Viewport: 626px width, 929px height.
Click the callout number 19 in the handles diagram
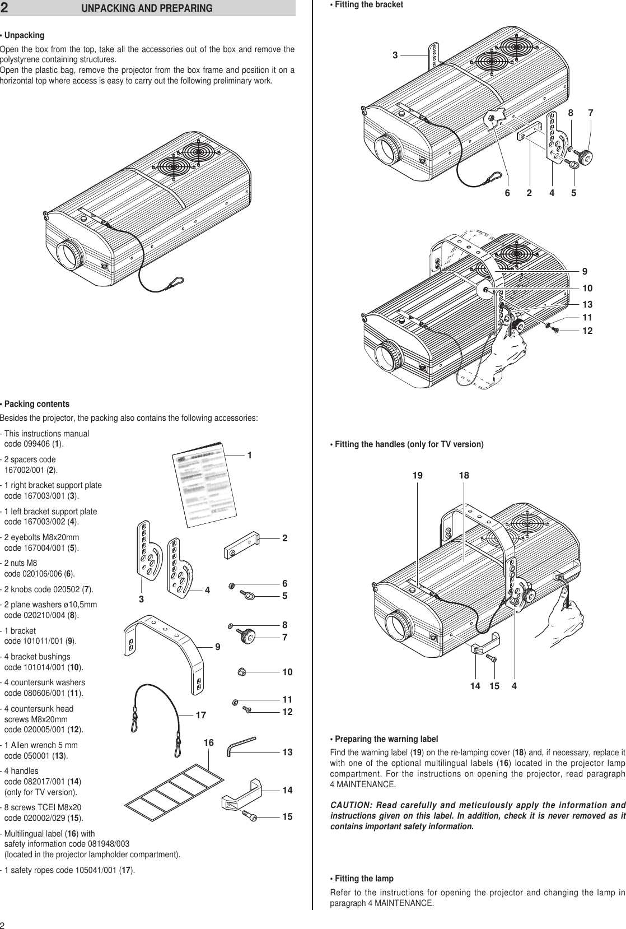418,476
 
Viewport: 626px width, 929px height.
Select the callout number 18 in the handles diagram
464,476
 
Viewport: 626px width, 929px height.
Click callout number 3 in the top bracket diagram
395,55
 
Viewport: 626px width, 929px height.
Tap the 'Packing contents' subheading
35,404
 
